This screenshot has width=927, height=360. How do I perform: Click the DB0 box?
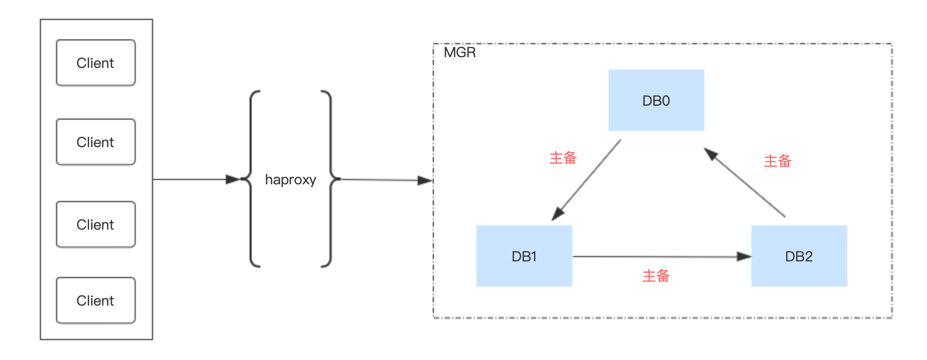pos(656,100)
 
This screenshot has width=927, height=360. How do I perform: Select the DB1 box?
pos(524,256)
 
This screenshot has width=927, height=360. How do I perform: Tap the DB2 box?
pos(799,256)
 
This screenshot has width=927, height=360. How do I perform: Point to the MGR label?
pos(460,52)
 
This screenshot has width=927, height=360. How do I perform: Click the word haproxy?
pos(290,179)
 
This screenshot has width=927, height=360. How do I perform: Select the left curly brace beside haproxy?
pos(252,179)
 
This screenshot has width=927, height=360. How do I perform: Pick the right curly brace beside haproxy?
pos(329,179)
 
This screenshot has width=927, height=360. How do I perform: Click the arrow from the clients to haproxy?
pos(194,179)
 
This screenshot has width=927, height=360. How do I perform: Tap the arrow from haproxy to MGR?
pos(383,180)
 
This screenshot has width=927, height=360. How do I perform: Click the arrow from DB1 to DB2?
pos(658,257)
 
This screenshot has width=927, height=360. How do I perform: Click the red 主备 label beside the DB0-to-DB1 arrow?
pos(563,158)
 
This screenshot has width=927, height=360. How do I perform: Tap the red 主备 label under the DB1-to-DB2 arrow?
pos(656,276)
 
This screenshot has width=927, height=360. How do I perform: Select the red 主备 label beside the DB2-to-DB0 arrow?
pos(777,161)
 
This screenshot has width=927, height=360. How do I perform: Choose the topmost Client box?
pos(95,63)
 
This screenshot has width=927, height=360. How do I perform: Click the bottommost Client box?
pos(95,301)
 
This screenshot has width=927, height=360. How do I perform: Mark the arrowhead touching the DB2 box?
pos(744,257)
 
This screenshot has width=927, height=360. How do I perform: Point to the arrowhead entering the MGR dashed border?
pos(425,181)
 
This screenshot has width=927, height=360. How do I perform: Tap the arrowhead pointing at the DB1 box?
pos(558,214)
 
